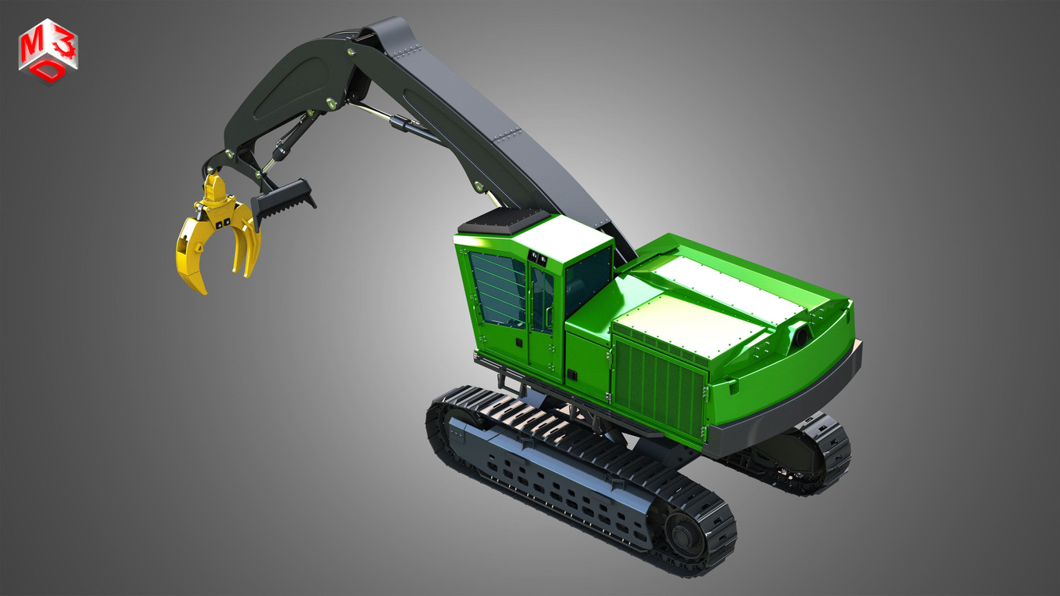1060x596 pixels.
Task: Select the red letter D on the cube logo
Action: [x=49, y=70]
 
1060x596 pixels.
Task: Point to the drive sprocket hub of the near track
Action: [x=683, y=534]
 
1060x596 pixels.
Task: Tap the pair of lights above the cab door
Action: [x=538, y=256]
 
